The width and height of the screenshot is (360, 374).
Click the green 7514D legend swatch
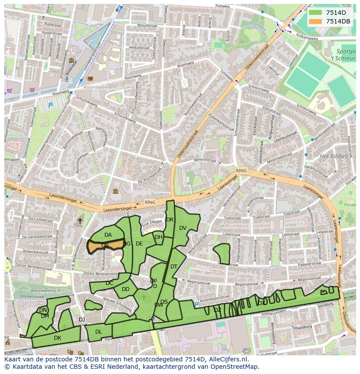(x=316, y=13)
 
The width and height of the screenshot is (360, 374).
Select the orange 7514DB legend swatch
(x=316, y=21)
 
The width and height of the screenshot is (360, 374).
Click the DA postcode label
(x=108, y=235)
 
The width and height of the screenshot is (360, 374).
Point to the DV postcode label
(x=183, y=228)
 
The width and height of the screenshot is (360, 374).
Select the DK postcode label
(x=57, y=338)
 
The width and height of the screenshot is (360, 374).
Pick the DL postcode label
(x=98, y=332)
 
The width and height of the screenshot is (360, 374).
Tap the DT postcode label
(x=174, y=267)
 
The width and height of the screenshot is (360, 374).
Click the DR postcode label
(x=170, y=220)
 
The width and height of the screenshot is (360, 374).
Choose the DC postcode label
(x=109, y=283)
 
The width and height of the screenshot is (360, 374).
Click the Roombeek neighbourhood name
(x=92, y=86)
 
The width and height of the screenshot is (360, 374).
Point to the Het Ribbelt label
(x=334, y=156)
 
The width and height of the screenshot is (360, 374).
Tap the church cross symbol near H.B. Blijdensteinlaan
(x=80, y=221)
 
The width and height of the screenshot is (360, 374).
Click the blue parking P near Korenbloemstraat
(x=197, y=304)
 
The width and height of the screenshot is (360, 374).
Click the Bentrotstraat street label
(x=205, y=160)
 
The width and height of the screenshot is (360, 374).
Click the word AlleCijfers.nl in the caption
(x=228, y=360)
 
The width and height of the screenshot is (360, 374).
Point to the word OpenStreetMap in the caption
(x=236, y=367)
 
